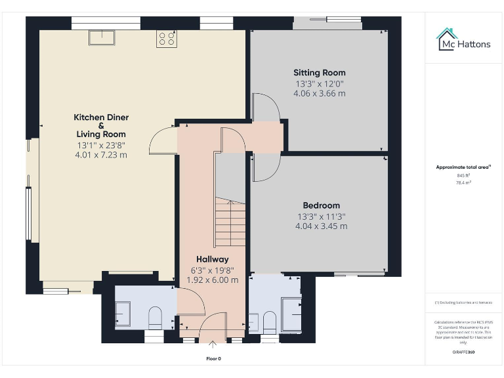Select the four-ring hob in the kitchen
pyautogui.click(x=166, y=39)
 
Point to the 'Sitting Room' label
pyautogui.click(x=320, y=73)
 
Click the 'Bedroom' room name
pyautogui.click(x=321, y=205)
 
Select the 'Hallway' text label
pyautogui.click(x=213, y=259)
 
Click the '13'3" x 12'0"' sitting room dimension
pyautogui.click(x=320, y=83)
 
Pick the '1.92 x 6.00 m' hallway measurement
pyautogui.click(x=213, y=280)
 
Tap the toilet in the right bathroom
pyautogui.click(x=269, y=322)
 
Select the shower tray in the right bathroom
pyautogui.click(x=289, y=312)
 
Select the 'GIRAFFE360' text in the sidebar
pyautogui.click(x=463, y=352)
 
